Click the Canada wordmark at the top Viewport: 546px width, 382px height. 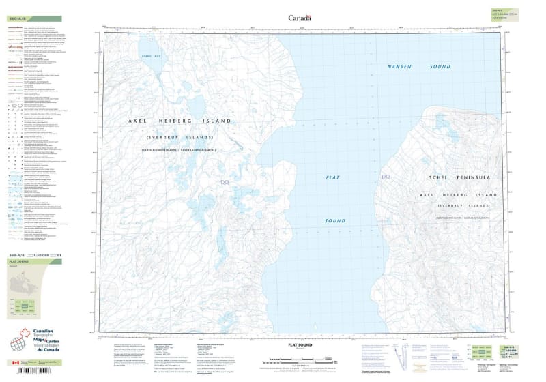(300, 18)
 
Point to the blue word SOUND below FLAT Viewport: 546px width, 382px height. (334, 221)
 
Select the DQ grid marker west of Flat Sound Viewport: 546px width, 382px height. (226, 181)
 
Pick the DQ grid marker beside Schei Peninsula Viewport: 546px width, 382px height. (386, 177)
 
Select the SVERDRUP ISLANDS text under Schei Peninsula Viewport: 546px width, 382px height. (455, 205)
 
